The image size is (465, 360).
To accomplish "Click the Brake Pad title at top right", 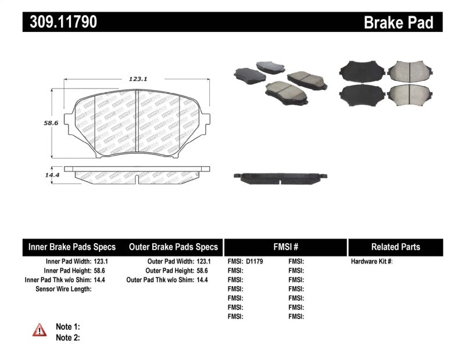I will point(398,23).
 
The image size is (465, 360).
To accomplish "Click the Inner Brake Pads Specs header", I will point(72,247).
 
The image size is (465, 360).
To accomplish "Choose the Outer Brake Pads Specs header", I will point(173,247).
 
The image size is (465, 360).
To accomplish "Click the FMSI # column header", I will point(285,247).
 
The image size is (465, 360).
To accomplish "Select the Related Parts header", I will point(395,247).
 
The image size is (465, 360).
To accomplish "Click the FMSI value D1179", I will point(255,262).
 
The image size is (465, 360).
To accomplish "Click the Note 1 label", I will point(67,327).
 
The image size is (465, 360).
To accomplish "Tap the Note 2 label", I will point(67,337).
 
